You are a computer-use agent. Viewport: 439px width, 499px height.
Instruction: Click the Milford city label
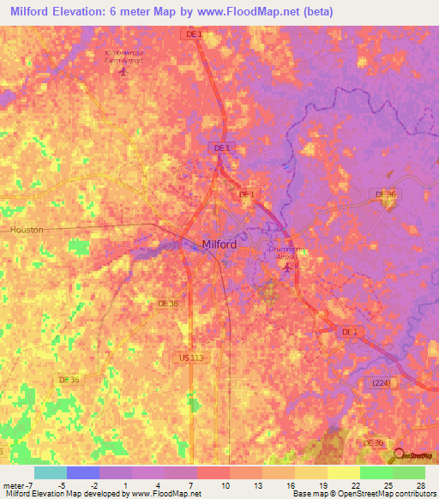(219, 244)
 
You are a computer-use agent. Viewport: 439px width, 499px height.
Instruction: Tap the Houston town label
(26, 231)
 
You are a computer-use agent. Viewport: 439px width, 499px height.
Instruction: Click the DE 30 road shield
(374, 442)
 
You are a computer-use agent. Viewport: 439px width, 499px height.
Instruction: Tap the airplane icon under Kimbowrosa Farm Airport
(123, 70)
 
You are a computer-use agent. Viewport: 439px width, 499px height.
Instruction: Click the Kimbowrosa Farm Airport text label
(123, 57)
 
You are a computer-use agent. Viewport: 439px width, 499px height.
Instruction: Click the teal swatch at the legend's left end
(50, 472)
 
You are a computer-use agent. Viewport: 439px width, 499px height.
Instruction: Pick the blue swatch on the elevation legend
(82, 472)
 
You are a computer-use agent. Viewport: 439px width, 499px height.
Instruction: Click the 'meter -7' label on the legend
(17, 484)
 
